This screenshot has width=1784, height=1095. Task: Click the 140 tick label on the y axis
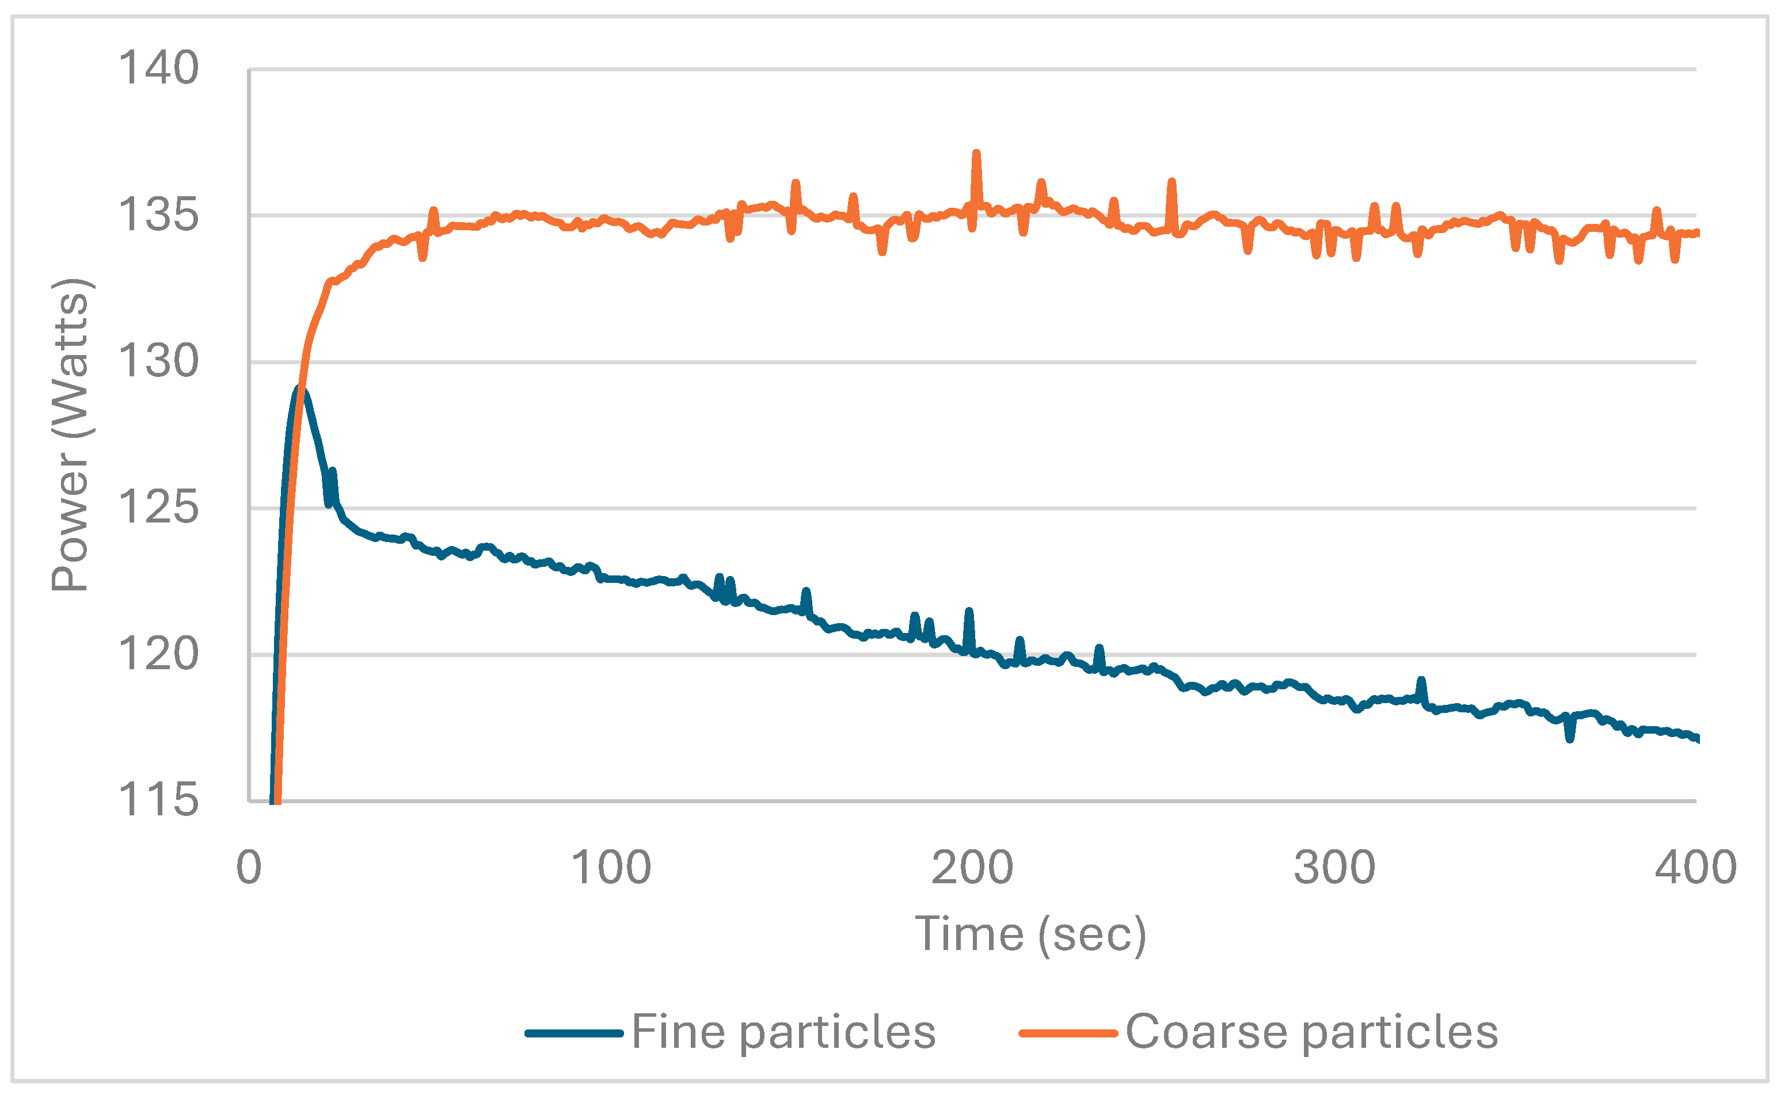point(157,69)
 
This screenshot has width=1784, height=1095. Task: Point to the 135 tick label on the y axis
point(157,215)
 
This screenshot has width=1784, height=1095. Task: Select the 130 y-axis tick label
point(157,361)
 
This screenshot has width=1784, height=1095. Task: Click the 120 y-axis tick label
point(157,654)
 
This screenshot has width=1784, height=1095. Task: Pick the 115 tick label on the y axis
point(157,800)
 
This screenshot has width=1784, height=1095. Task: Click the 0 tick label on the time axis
point(249,868)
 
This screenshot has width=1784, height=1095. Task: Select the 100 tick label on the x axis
point(611,868)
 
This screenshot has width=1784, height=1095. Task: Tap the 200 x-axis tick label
point(972,868)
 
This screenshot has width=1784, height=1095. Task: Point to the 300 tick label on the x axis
point(1334,868)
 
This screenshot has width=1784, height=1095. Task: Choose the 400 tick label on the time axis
point(1695,868)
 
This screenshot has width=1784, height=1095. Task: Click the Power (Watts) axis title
point(70,434)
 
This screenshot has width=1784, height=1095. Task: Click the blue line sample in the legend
point(574,1033)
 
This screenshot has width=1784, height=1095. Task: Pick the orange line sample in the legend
point(1068,1033)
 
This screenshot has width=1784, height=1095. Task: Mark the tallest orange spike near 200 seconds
point(976,154)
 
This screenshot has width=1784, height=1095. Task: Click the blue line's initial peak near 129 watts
point(300,390)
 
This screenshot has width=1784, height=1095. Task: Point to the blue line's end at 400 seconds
point(1697,739)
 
